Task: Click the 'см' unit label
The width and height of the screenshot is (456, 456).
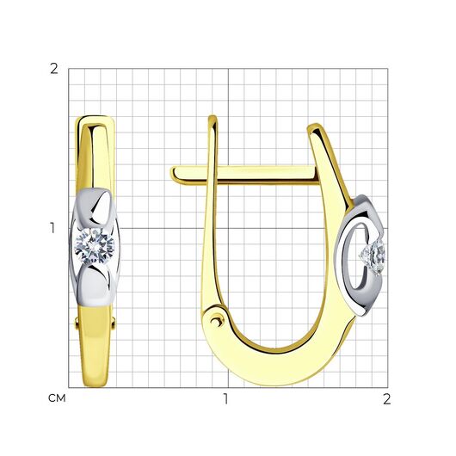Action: pos(57,398)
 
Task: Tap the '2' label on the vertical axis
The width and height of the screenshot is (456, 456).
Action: pos(54,69)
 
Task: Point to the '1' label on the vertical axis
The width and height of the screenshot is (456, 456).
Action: pos(52,228)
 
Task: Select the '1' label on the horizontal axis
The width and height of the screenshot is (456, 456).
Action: pos(225,399)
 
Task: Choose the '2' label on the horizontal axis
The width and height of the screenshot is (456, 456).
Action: pos(386,399)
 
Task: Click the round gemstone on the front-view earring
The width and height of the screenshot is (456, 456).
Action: pos(95,247)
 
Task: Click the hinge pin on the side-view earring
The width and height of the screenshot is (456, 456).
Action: pos(216,322)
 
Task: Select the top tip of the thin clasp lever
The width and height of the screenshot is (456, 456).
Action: pos(213,118)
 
